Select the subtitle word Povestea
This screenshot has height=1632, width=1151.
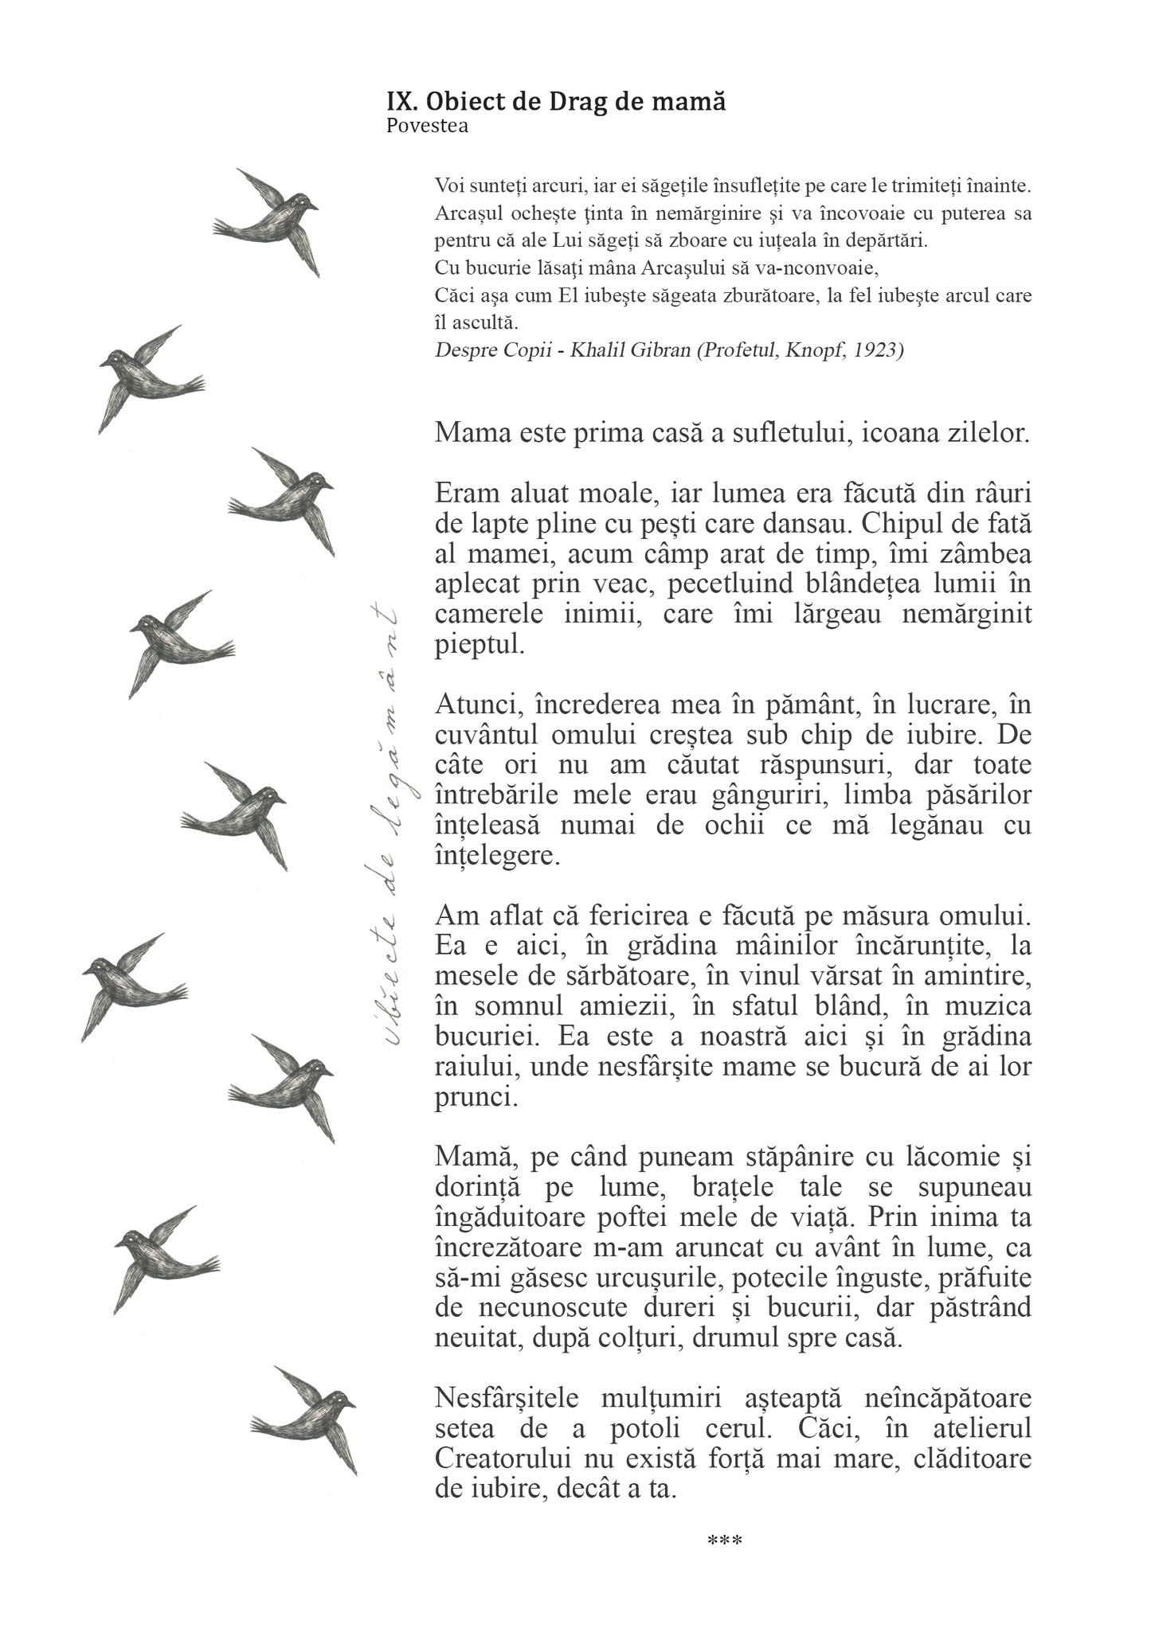tap(427, 126)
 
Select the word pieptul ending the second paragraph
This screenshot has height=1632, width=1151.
tap(480, 645)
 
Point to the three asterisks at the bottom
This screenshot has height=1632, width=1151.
tap(725, 1542)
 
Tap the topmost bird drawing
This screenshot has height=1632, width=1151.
tap(269, 221)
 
